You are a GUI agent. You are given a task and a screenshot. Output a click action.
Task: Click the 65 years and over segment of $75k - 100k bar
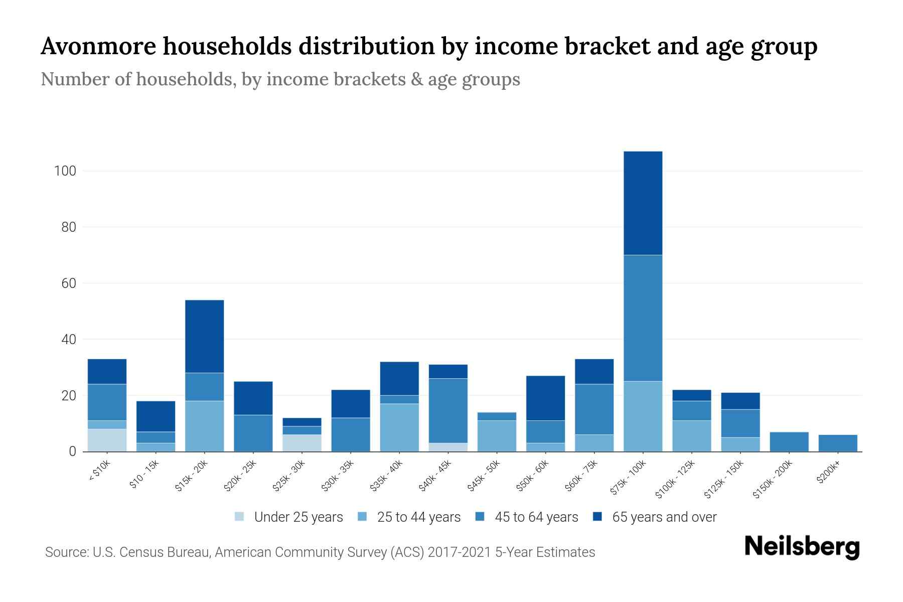click(x=643, y=203)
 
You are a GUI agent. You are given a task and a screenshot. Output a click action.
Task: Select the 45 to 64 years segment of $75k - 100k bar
click(x=643, y=318)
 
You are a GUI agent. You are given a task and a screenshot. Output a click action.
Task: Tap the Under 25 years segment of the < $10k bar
click(x=107, y=440)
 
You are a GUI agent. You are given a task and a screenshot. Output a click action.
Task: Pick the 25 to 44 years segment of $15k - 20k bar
click(x=204, y=426)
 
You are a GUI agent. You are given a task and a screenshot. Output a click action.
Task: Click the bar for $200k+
click(x=837, y=443)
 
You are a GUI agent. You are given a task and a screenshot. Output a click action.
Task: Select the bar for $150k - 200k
click(x=789, y=441)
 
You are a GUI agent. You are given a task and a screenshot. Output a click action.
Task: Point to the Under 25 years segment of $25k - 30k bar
click(x=302, y=442)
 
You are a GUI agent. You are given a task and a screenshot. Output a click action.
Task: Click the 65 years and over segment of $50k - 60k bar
click(x=545, y=398)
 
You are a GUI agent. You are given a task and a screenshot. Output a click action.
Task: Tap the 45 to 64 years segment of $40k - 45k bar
click(x=448, y=410)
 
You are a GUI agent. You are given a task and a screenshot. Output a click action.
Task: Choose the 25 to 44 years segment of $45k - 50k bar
click(x=497, y=435)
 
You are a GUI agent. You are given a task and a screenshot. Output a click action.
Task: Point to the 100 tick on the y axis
click(x=65, y=171)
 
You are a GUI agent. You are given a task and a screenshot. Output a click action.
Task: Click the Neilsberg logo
click(x=802, y=547)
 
